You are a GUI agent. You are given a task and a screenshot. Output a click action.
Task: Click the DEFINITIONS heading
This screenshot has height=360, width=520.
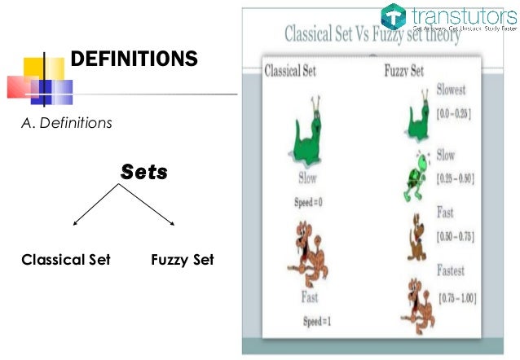[x=134, y=59]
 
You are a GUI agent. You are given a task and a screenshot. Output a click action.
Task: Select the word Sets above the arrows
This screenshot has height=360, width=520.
[x=144, y=173]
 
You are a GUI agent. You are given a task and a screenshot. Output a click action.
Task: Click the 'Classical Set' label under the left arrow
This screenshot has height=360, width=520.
[x=66, y=261]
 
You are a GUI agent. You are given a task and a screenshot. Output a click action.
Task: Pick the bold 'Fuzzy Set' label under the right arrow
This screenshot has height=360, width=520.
[x=183, y=261]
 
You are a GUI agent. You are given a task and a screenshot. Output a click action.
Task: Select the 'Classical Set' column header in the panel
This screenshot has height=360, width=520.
[x=291, y=72]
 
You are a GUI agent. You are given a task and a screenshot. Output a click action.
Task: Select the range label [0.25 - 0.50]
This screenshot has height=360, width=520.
[x=456, y=177]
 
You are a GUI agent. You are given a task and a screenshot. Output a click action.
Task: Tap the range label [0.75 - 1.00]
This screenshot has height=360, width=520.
[x=456, y=299]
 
